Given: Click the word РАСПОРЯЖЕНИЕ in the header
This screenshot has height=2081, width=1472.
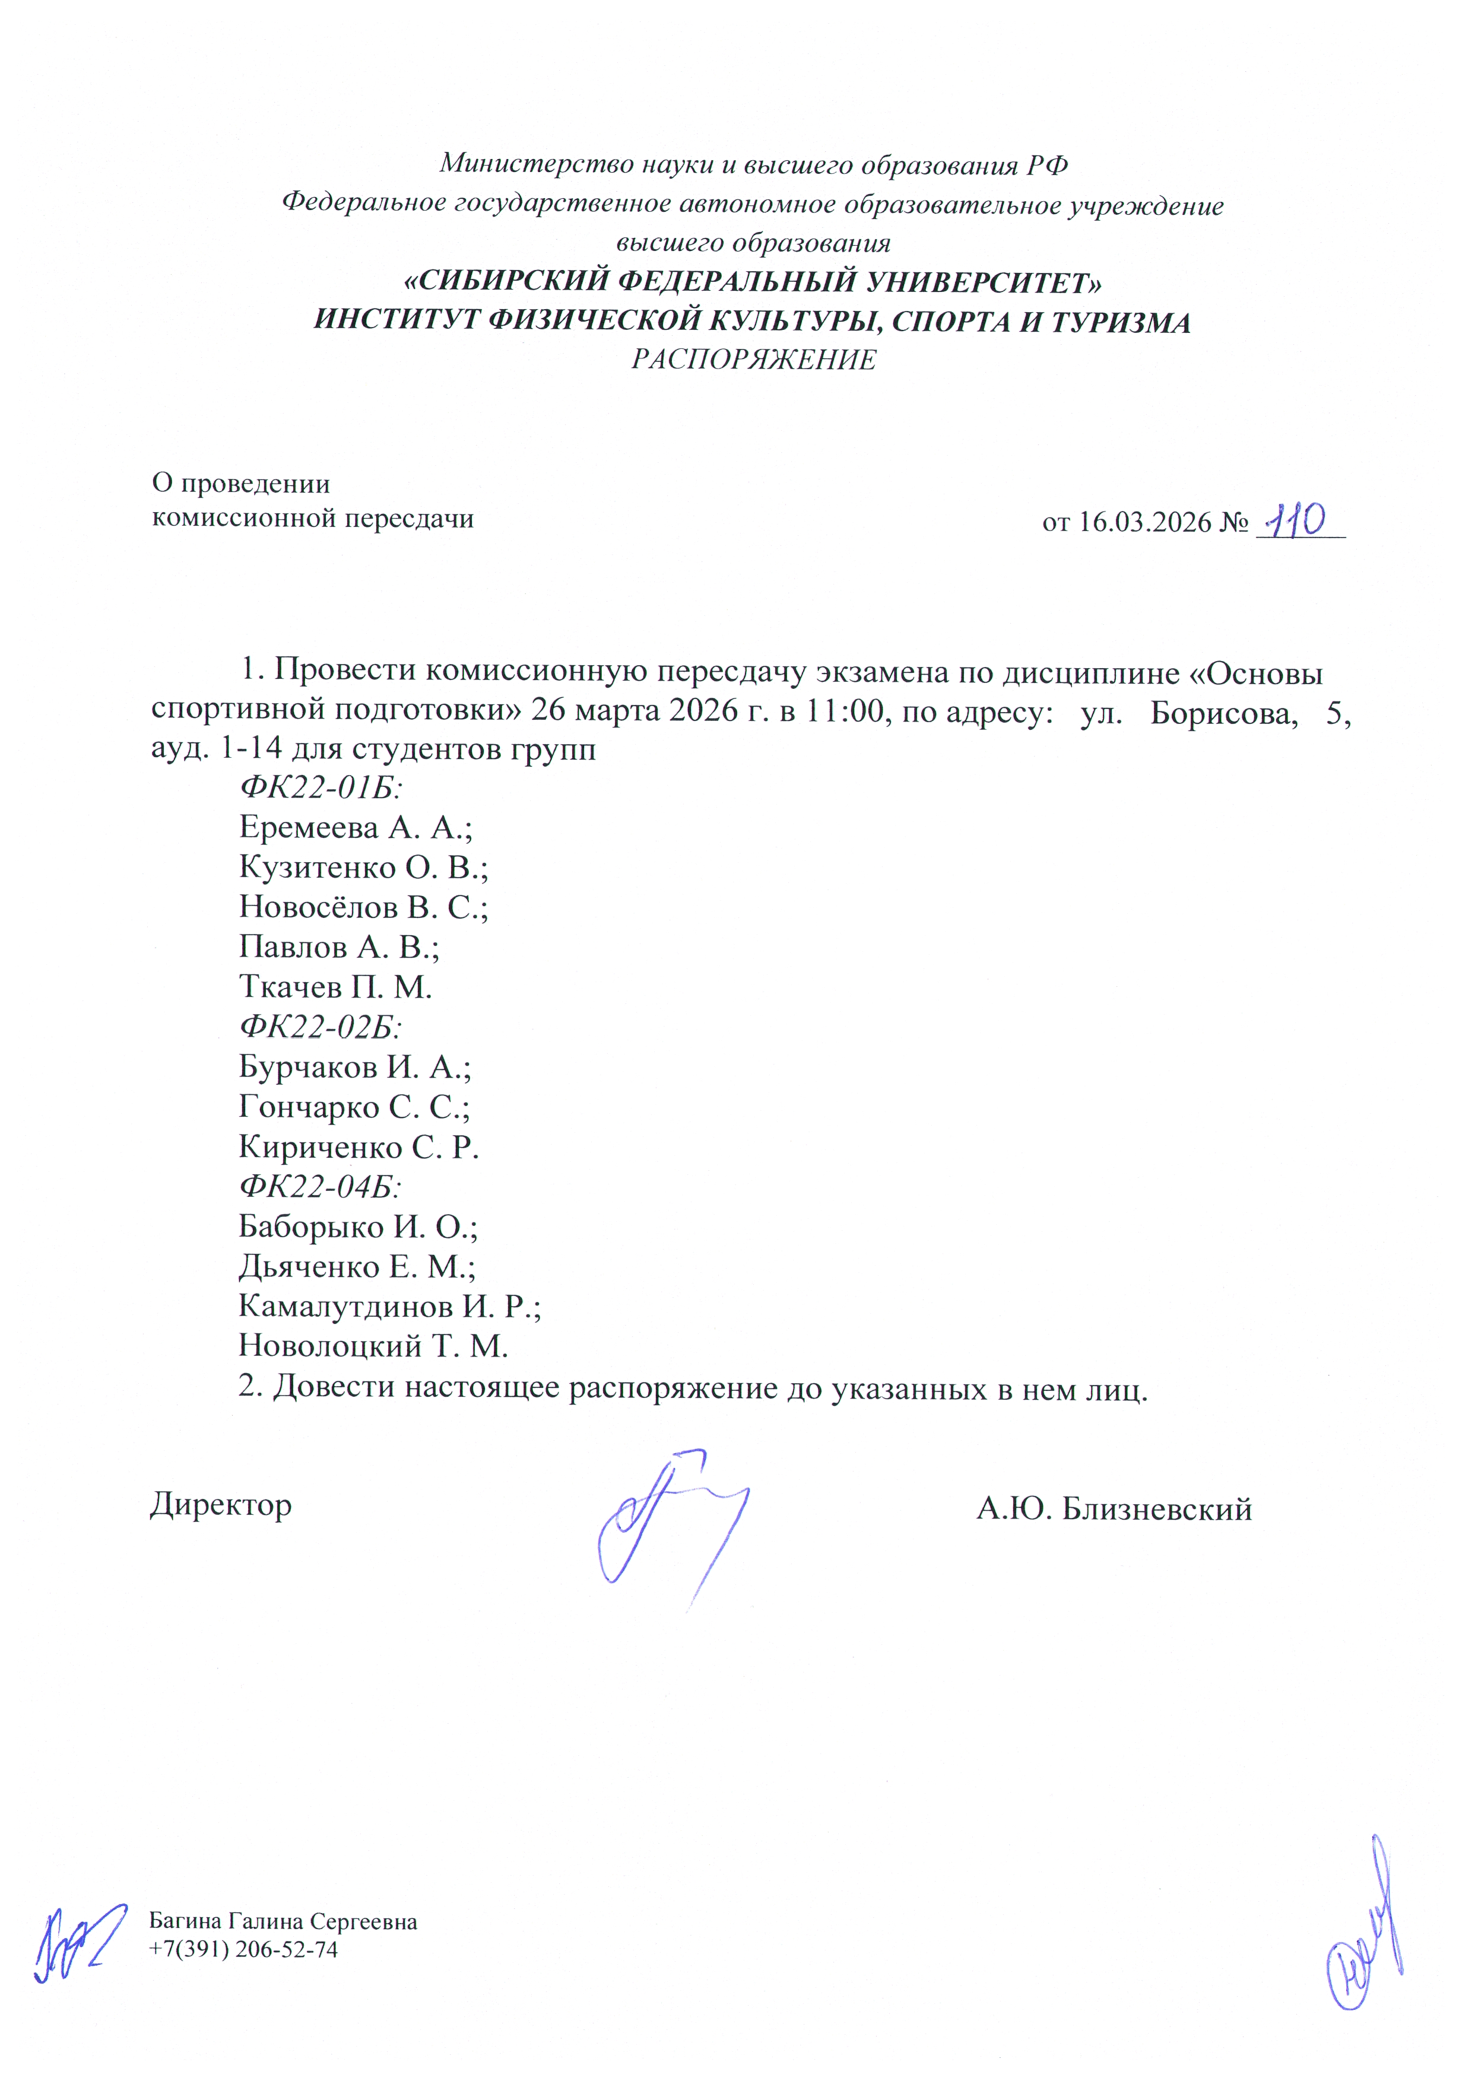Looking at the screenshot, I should click(x=753, y=360).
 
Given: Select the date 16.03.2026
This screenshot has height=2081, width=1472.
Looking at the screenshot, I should click(x=1145, y=522).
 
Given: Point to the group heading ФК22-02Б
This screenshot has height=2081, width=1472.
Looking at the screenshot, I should click(x=320, y=1027).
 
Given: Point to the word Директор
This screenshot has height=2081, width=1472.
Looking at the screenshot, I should click(x=221, y=1505).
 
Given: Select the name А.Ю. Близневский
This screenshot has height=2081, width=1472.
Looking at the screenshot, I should click(x=1114, y=1509).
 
